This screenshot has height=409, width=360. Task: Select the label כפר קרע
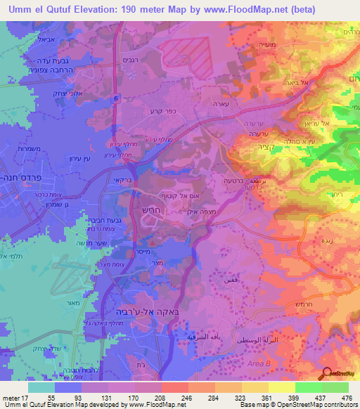[x=161, y=111]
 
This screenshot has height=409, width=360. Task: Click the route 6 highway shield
[x=115, y=99]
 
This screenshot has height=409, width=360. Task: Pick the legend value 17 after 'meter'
[x=23, y=397]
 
